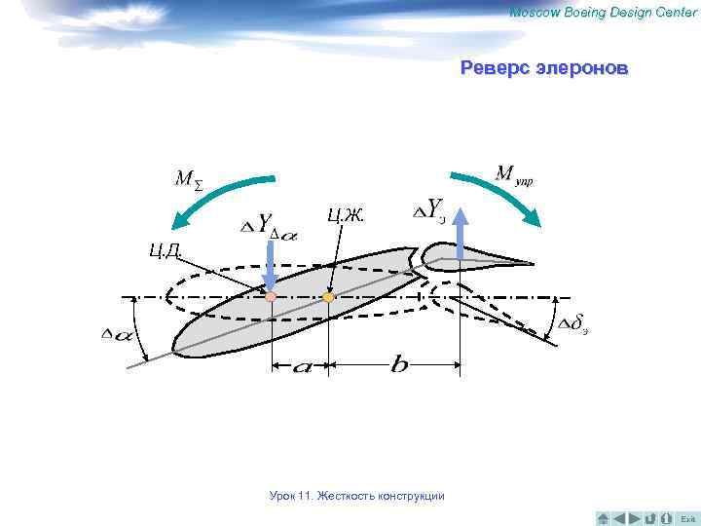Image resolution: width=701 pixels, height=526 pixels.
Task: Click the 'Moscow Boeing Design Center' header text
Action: click(x=603, y=12)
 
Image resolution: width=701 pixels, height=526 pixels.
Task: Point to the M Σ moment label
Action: click(x=188, y=180)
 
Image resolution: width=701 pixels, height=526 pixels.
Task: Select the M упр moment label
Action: click(x=513, y=175)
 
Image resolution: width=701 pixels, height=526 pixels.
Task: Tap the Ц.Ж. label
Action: click(x=345, y=215)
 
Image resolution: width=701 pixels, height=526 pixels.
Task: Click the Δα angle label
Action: click(x=118, y=334)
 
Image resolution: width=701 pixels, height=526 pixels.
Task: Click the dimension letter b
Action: click(x=398, y=365)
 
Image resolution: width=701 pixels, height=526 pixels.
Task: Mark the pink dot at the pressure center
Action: click(x=272, y=296)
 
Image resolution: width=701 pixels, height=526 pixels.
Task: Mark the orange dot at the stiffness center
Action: click(x=329, y=295)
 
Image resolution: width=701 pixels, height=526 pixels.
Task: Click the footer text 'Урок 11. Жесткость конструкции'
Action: click(x=356, y=497)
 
